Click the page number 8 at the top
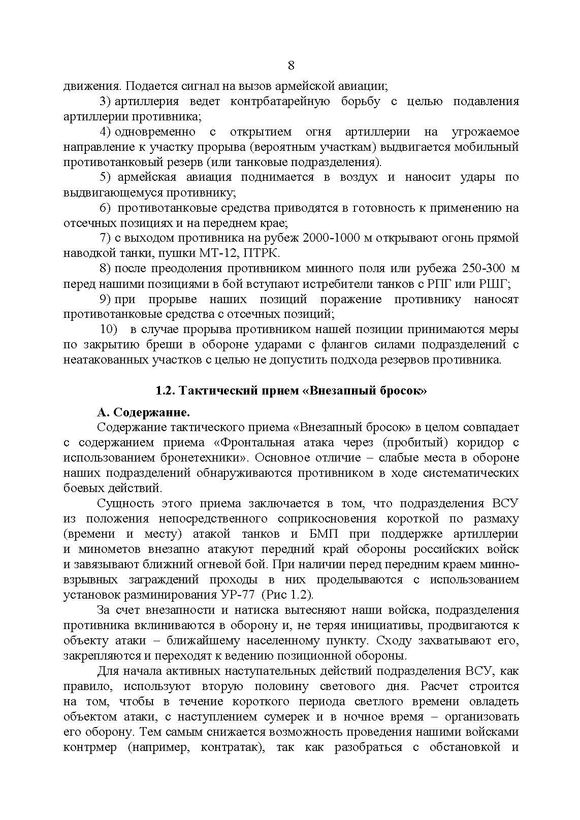coord(291,65)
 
